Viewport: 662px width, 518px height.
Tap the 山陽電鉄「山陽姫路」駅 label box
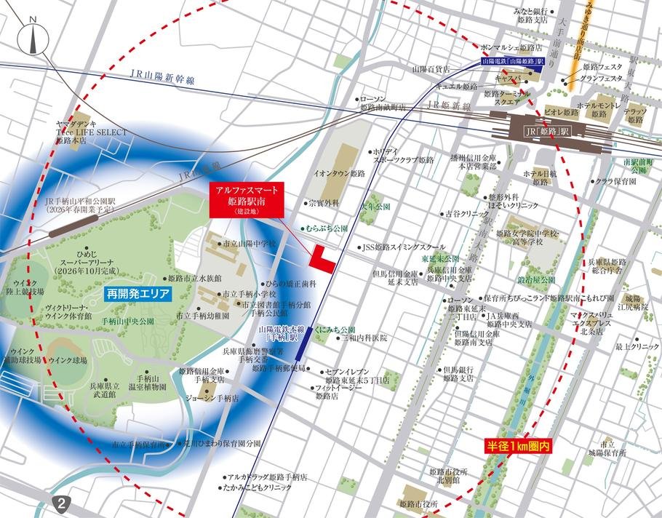click(514, 63)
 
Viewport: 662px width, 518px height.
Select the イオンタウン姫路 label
click(339, 175)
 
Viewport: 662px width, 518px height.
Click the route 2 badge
click(63, 503)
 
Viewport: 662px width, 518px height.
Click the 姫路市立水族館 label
click(192, 278)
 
